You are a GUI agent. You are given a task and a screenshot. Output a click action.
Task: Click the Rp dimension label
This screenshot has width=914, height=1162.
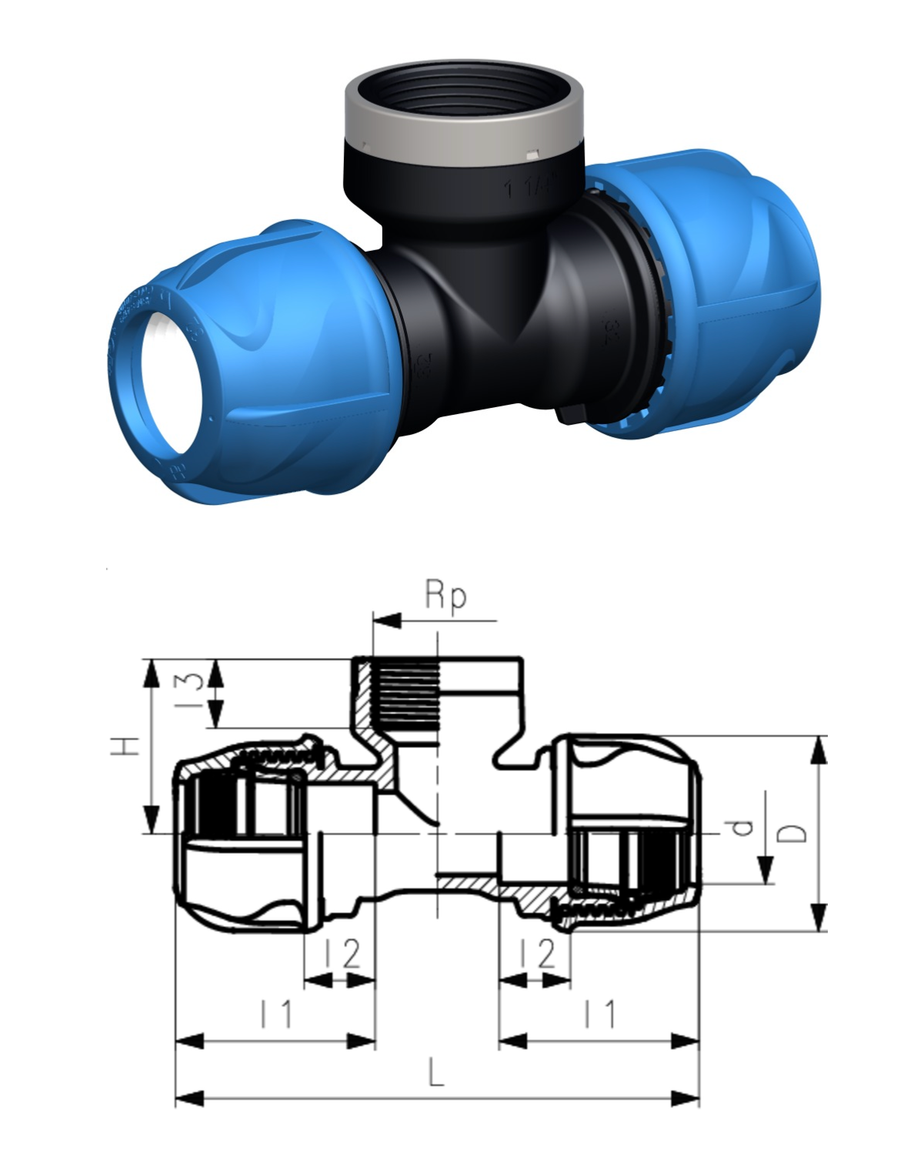pos(445,596)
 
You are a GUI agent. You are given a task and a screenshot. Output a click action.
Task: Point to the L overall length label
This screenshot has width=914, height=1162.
pos(436,1072)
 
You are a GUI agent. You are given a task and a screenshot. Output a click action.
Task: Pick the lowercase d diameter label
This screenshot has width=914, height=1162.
pos(742,828)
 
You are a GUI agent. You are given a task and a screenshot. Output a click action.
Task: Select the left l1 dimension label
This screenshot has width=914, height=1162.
pos(275,1013)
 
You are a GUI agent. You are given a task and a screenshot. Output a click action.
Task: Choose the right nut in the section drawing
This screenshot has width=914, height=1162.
pos(635,835)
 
